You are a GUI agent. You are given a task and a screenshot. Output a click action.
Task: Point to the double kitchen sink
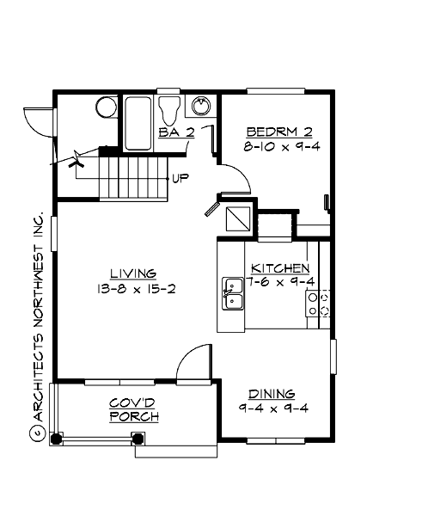pos(233,293)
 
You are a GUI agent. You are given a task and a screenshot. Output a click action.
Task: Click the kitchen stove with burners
pos(319,304)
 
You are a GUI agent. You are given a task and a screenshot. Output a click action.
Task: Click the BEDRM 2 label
pos(278,132)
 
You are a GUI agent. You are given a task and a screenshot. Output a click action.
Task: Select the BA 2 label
pos(177,132)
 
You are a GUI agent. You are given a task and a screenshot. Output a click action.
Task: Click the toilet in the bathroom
pos(169,109)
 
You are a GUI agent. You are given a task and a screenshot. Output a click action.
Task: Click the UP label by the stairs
pos(180,179)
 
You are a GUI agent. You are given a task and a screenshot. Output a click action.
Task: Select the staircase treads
pos(131,176)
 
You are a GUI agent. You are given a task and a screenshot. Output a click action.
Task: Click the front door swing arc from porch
pos(196,359)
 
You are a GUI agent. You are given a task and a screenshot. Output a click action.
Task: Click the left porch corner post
pos(57,437)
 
